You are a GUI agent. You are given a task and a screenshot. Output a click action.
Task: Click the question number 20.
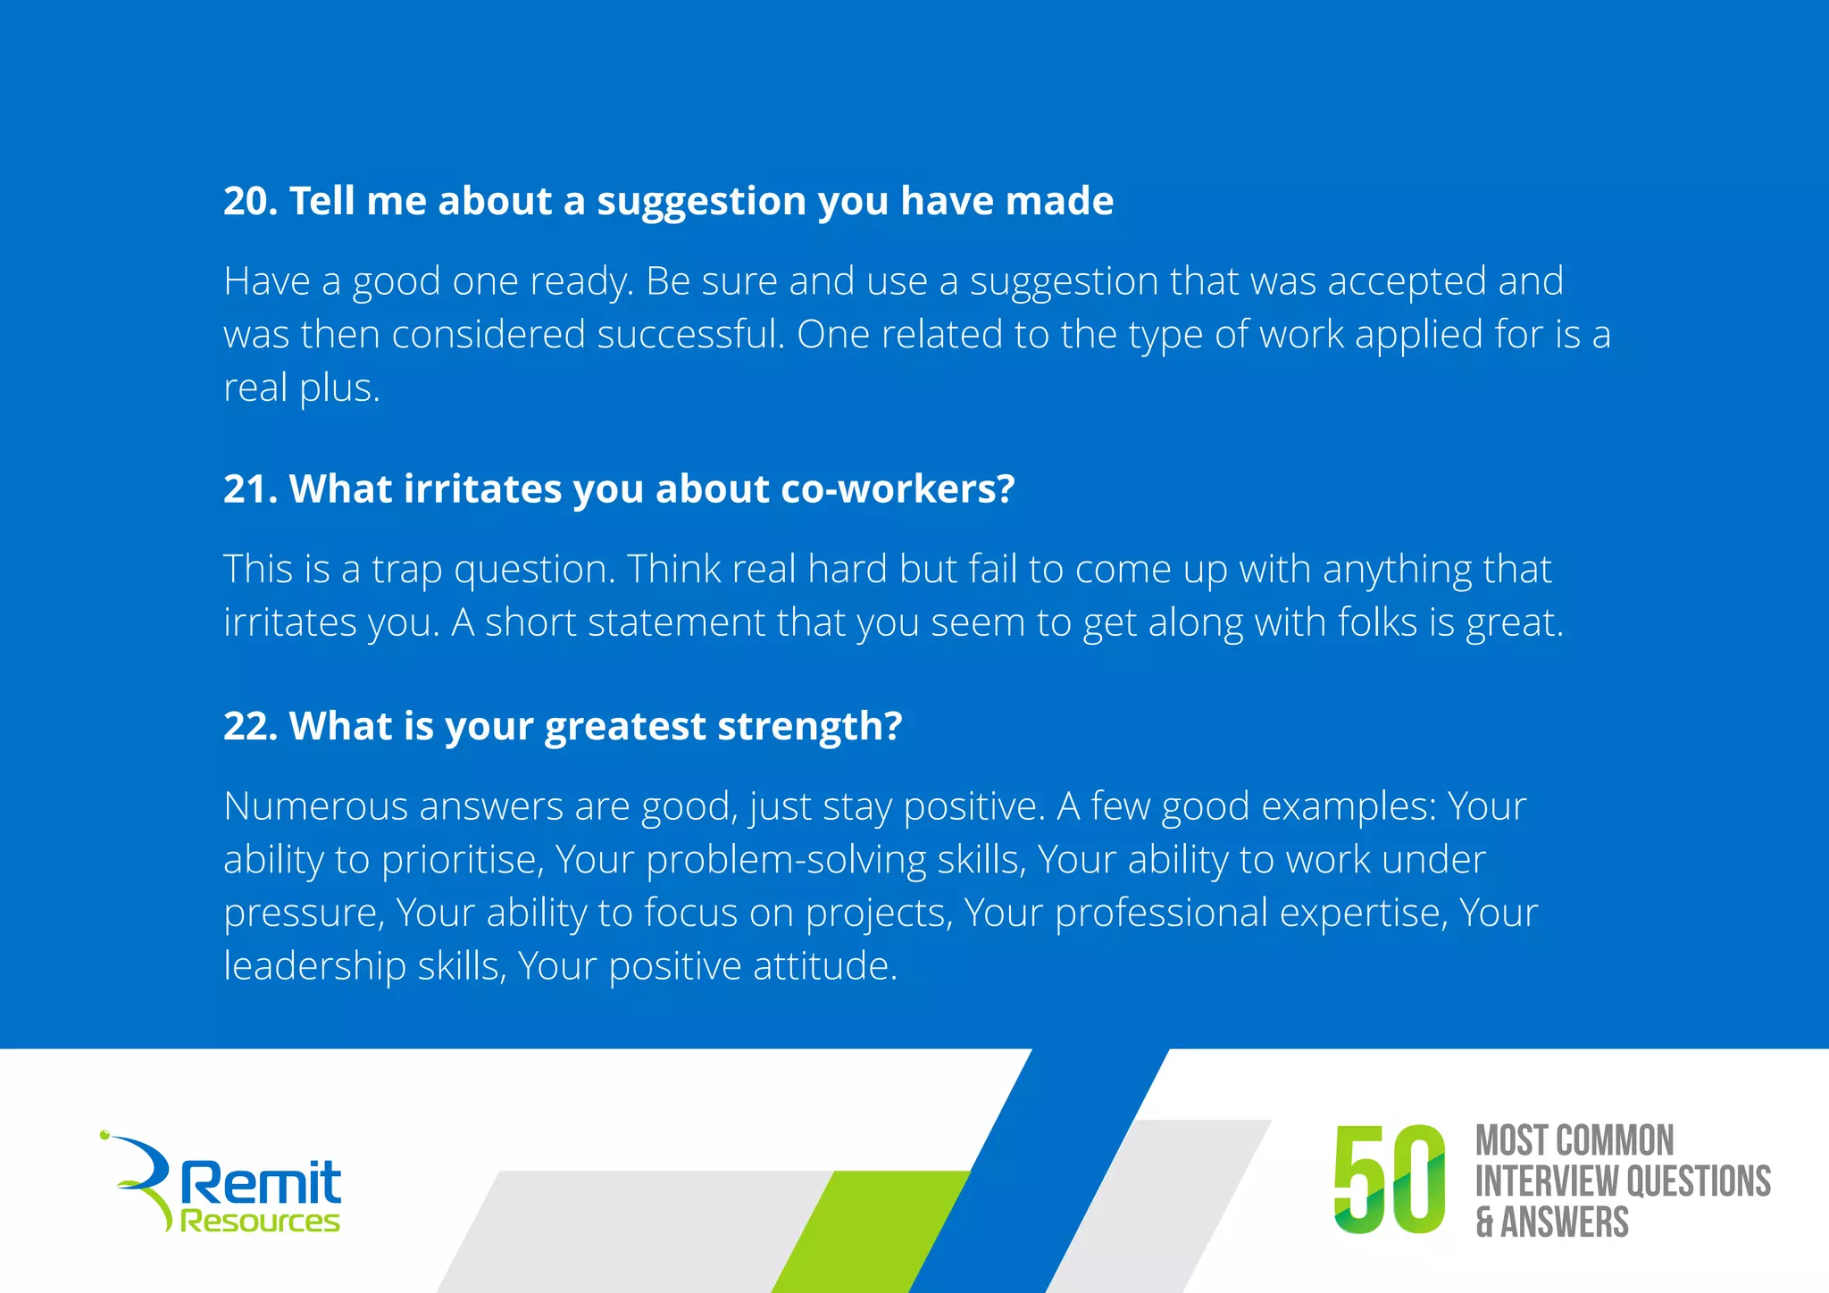(x=250, y=201)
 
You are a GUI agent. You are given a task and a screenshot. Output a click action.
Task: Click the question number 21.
(x=250, y=489)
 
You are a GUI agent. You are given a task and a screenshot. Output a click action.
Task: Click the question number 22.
(x=250, y=726)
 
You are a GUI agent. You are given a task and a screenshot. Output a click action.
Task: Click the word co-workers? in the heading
(x=898, y=489)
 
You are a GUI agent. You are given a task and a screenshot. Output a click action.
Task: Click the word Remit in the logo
(x=261, y=1183)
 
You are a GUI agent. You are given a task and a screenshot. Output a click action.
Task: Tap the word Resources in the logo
(x=260, y=1222)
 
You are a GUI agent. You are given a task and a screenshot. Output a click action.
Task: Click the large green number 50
(x=1390, y=1180)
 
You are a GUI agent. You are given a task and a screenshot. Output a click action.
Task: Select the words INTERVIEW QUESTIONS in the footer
(x=1623, y=1181)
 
